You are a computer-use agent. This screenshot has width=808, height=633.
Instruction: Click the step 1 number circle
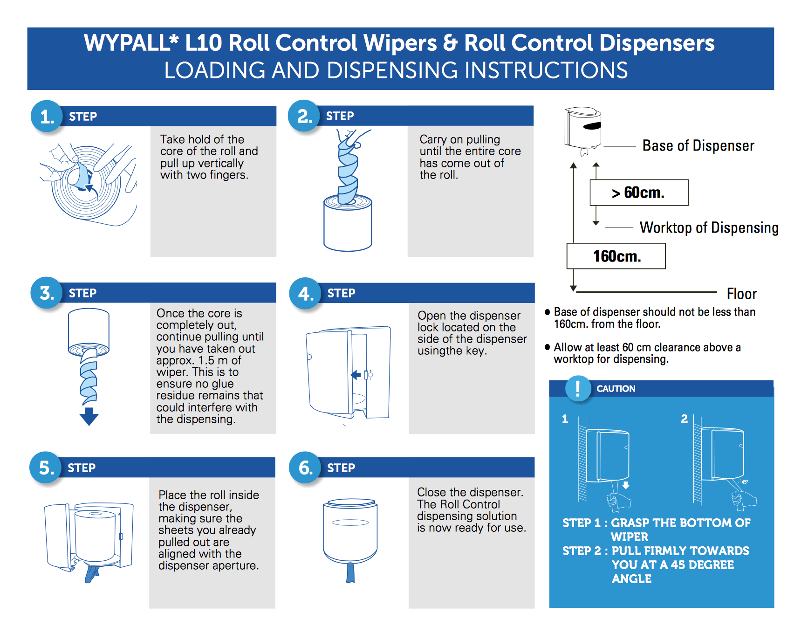coord(47,117)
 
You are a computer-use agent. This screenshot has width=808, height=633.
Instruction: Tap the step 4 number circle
coord(305,294)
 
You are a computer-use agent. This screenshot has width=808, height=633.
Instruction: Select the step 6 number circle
coord(305,468)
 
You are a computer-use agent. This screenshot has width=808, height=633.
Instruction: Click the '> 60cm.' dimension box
coord(639,193)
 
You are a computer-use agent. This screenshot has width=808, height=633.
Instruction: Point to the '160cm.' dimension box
coord(616,256)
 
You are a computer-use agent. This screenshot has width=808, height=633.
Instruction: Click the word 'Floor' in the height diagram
coord(742,294)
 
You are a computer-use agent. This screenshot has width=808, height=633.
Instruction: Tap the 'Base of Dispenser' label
coord(698,145)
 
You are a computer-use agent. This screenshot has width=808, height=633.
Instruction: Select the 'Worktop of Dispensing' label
coord(709,227)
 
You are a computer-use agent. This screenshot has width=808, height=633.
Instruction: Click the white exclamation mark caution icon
coord(578,389)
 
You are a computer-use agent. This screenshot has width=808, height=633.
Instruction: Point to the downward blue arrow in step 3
coord(89,416)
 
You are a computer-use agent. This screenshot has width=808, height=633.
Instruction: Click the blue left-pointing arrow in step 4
coord(356,375)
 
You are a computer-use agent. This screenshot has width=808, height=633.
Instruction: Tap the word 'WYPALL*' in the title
coord(131,43)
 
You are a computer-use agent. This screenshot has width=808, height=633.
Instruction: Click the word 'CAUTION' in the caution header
coord(616,389)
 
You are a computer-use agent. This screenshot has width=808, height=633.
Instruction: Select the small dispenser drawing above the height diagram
coord(583,131)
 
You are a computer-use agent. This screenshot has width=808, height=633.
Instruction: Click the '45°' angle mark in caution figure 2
coord(745,482)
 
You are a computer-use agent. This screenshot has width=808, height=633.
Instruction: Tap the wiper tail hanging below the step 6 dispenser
coord(350,572)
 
